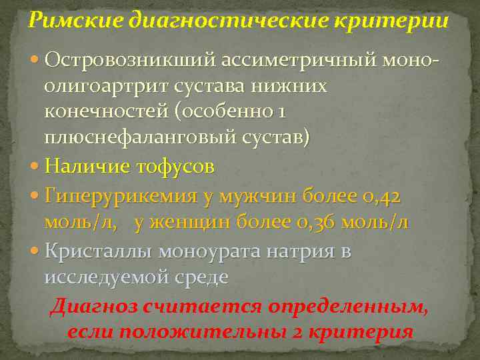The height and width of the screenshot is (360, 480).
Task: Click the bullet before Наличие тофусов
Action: [35, 167]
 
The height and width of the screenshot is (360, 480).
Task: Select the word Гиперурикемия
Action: [119, 195]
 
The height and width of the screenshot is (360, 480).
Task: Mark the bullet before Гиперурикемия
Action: [35, 196]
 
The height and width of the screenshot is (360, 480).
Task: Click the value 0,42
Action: [379, 195]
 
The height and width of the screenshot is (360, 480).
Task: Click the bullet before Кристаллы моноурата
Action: [35, 251]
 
